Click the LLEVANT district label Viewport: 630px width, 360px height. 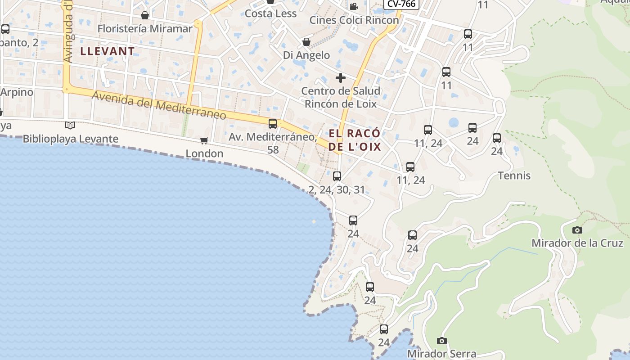(x=107, y=51)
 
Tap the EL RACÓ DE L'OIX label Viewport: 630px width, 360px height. (x=355, y=140)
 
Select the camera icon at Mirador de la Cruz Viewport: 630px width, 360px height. (x=577, y=230)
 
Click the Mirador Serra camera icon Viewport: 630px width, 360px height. (x=442, y=341)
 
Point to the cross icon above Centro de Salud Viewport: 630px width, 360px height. (x=341, y=78)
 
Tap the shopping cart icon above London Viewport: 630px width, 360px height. (x=204, y=141)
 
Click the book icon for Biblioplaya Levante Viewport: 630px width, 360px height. (x=70, y=126)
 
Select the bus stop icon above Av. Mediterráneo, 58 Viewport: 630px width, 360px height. (x=273, y=124)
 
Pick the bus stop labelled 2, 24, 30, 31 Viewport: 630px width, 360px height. (x=337, y=176)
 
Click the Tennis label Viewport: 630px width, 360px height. (x=514, y=175)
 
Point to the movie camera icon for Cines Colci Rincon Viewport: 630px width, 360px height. (x=354, y=6)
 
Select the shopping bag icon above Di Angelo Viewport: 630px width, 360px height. (x=306, y=42)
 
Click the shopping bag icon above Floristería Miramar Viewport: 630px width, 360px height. (x=145, y=16)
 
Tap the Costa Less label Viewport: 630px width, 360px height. (x=270, y=14)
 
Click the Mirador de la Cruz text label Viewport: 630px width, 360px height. (x=577, y=243)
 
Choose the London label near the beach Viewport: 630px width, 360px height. (x=205, y=154)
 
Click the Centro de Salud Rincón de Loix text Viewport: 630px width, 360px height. (x=341, y=97)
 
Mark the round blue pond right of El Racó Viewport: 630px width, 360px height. (x=454, y=122)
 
